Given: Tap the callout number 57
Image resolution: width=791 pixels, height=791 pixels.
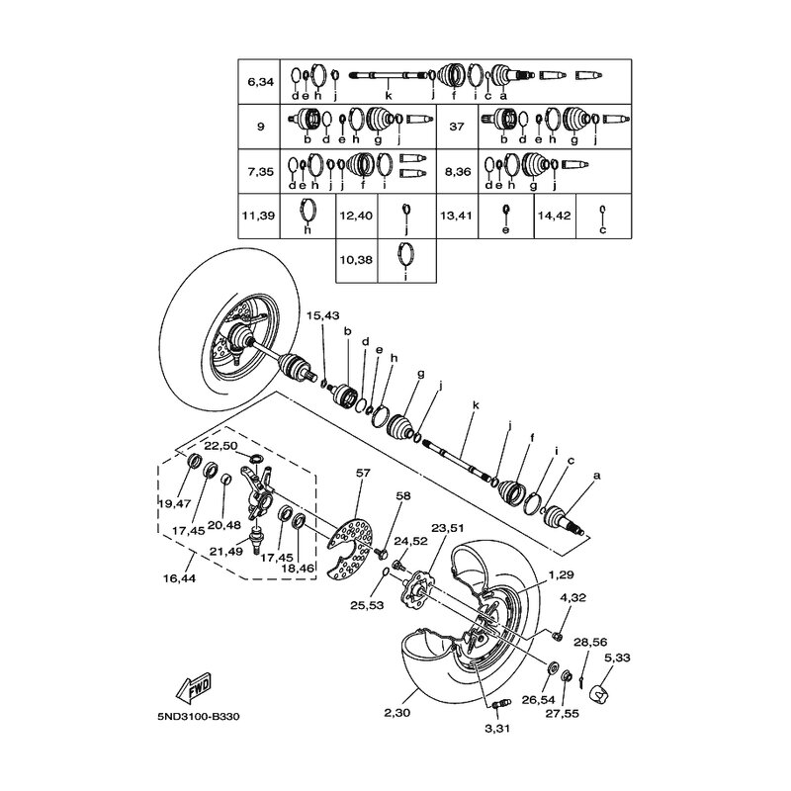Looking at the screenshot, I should coord(363,474).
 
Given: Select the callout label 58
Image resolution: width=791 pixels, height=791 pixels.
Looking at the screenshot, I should coord(402,495).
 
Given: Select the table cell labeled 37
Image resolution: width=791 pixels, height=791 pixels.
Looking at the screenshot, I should coord(456,127).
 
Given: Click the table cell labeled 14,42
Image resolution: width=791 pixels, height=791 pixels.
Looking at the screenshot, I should coord(556,214).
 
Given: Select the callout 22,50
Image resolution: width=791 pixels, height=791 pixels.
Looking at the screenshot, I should coord(220,446).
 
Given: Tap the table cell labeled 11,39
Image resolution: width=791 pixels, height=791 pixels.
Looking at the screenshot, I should coord(260,214).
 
